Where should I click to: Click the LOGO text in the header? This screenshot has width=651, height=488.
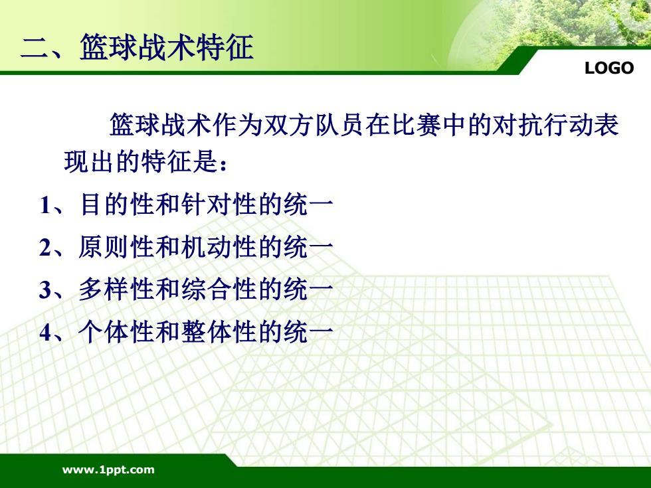point(609,68)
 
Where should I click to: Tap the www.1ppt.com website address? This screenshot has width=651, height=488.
point(108,470)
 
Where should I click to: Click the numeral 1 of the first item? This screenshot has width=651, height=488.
point(46,205)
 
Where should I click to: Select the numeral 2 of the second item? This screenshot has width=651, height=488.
point(45,247)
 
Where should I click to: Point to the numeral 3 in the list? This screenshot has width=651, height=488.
point(45,290)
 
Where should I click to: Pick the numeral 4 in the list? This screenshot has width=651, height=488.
point(45,333)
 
